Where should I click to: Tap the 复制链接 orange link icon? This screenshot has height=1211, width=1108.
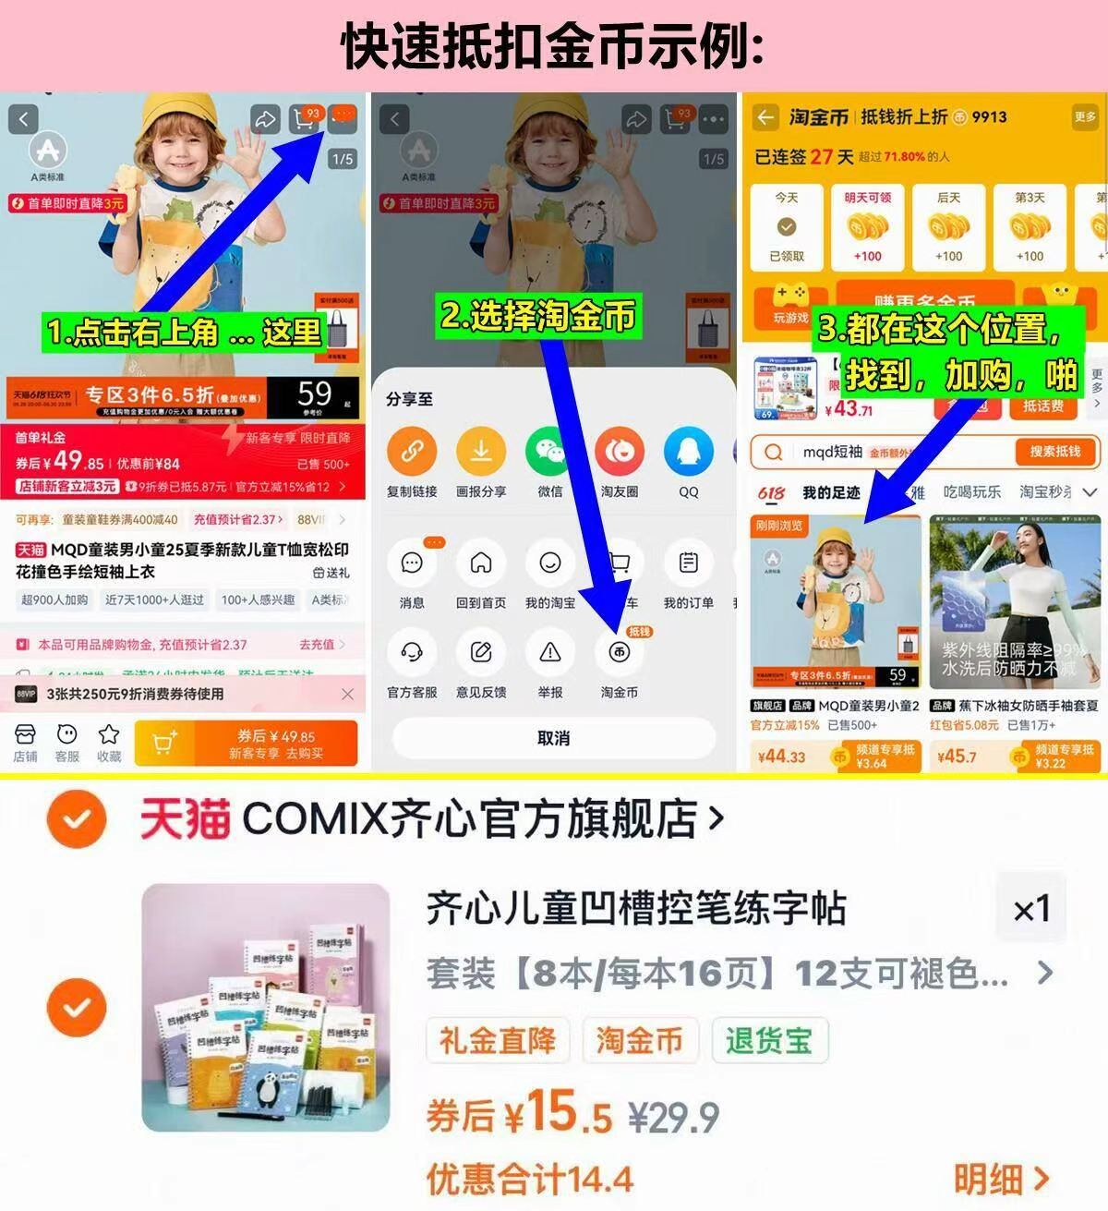click(412, 453)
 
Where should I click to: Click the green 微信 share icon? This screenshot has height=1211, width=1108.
click(550, 453)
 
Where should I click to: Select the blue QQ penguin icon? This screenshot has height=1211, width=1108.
click(689, 453)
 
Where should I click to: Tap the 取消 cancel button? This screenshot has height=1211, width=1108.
click(554, 738)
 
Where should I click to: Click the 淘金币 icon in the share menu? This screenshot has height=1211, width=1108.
click(620, 653)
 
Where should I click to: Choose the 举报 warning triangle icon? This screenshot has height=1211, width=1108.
click(550, 653)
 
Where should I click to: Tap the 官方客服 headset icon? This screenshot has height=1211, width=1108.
click(412, 653)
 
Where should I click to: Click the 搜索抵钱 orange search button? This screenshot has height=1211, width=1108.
click(1054, 452)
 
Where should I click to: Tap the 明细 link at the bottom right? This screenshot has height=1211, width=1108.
click(1001, 1180)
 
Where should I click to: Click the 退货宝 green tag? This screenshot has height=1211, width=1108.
click(769, 1041)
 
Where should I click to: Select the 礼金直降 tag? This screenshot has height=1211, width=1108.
click(498, 1041)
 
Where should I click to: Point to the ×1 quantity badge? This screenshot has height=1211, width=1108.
click(1031, 909)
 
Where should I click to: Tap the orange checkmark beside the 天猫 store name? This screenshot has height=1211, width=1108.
click(77, 818)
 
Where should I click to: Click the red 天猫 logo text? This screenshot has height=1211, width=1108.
click(185, 819)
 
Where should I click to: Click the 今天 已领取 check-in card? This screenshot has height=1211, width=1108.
click(787, 227)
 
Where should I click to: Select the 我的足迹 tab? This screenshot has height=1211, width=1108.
click(831, 492)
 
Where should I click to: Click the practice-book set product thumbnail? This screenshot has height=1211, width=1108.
click(266, 1008)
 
